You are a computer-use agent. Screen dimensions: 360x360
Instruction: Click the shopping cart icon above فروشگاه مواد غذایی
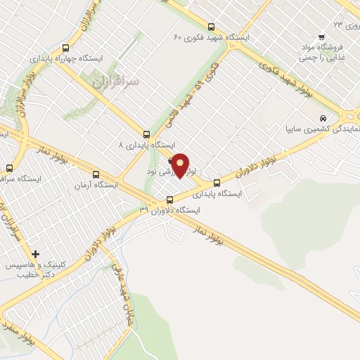(x=321, y=37)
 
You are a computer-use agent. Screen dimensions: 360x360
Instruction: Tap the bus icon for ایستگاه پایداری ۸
(x=146, y=134)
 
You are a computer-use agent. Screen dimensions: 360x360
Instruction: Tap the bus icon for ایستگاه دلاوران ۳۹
(x=169, y=198)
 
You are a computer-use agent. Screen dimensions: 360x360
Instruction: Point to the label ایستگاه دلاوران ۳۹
(x=169, y=210)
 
